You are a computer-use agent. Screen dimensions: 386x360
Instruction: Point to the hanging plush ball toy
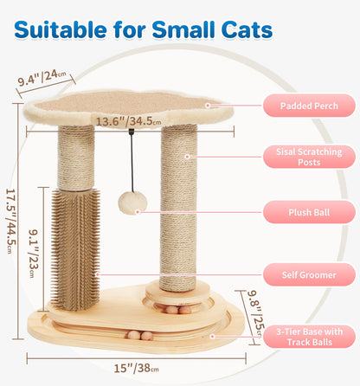coord(132,202)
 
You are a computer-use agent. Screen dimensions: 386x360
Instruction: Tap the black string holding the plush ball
coord(132,164)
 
